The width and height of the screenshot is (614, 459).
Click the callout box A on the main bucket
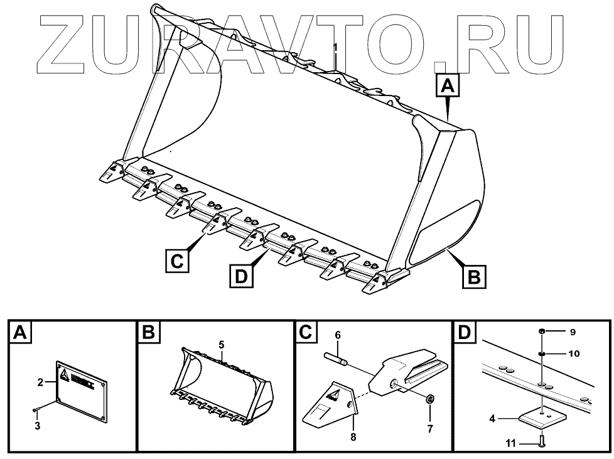(447, 85)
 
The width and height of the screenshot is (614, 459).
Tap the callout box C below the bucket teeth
(178, 259)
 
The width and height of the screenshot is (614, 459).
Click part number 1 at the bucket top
(335, 47)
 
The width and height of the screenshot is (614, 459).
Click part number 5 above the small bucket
(221, 344)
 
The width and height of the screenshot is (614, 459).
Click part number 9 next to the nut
(571, 331)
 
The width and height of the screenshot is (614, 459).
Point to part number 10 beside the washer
(573, 354)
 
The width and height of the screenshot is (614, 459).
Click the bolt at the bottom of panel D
(542, 442)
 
